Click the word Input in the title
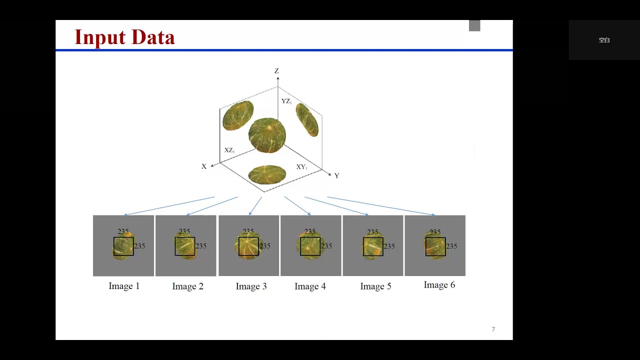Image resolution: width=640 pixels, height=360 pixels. (x=100, y=37)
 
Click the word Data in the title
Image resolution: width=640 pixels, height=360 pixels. (x=152, y=37)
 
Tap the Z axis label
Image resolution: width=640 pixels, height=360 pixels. (x=276, y=71)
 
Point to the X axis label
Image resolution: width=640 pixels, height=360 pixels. (x=204, y=166)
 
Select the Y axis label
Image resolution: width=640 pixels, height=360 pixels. (x=336, y=176)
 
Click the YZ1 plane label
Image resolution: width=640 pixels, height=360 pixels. (x=286, y=101)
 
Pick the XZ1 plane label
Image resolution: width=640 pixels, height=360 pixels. (x=229, y=150)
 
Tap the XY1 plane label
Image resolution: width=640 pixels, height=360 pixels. (x=301, y=167)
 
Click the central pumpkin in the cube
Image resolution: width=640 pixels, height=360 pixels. (x=267, y=135)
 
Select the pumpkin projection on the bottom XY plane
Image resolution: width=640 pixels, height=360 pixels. (x=267, y=174)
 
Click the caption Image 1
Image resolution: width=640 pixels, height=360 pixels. (x=124, y=286)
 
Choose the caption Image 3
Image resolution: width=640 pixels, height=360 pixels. (x=251, y=286)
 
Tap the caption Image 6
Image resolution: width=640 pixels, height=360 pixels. (x=439, y=285)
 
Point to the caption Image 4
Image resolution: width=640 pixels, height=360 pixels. (x=310, y=286)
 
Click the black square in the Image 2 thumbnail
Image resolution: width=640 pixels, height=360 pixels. (x=184, y=246)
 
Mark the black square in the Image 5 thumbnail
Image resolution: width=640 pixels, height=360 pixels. (x=372, y=246)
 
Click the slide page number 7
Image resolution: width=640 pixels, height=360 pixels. (x=493, y=329)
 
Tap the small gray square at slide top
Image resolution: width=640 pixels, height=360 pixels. (x=474, y=25)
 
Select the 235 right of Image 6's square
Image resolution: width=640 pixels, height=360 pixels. (x=451, y=246)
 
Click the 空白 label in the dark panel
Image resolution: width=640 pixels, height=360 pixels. (x=604, y=40)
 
